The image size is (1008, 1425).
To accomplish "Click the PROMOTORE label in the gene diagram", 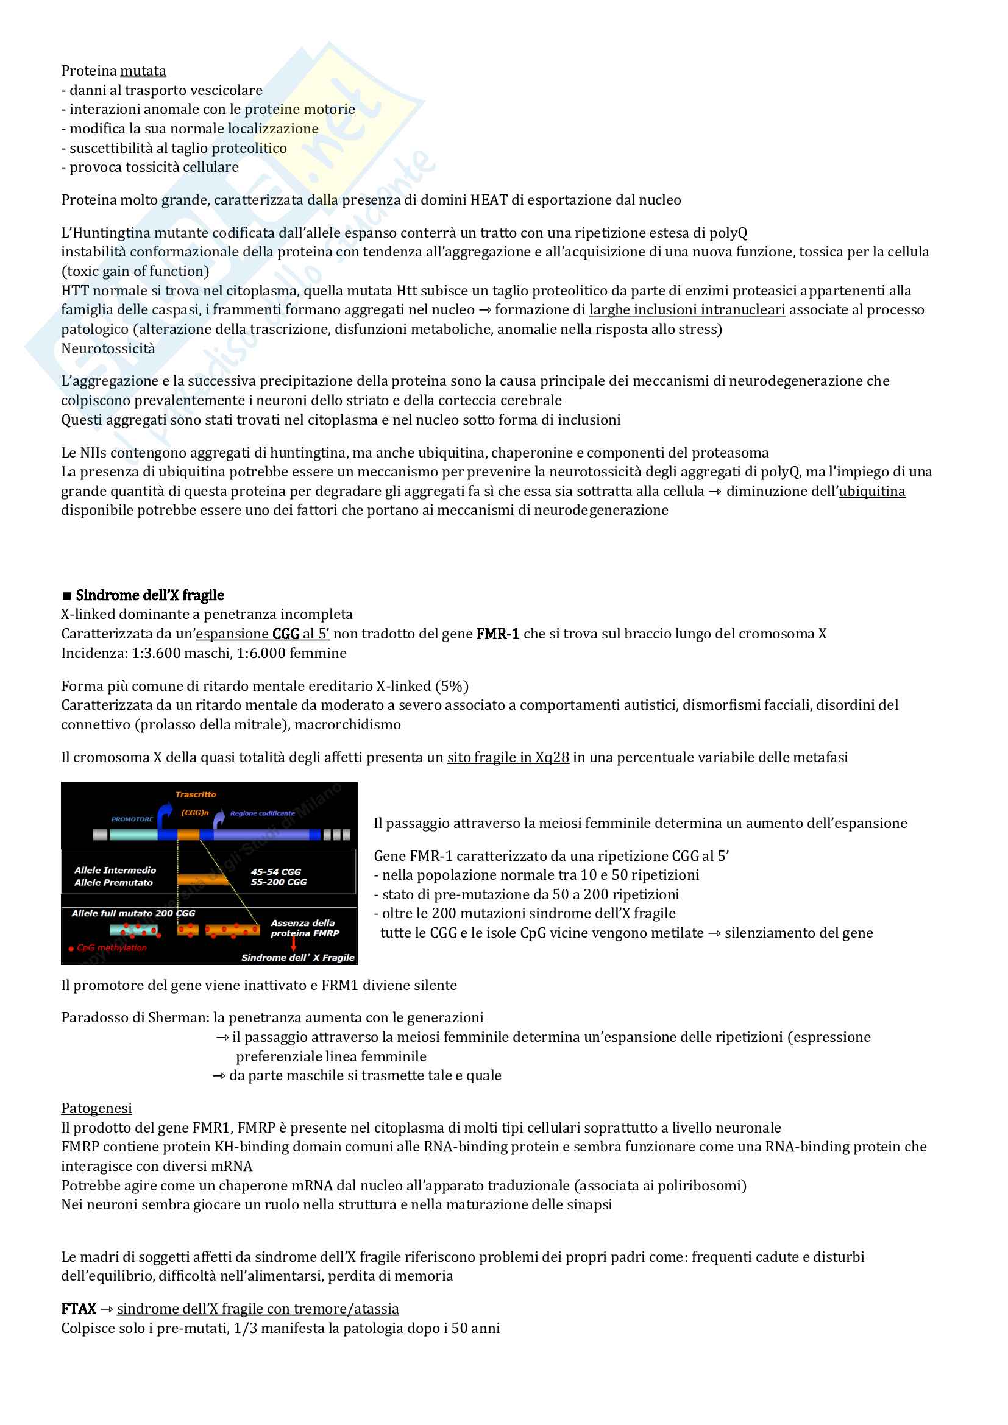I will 132,819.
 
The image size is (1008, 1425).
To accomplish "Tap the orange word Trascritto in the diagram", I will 196,794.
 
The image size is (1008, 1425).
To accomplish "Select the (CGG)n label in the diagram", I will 194,813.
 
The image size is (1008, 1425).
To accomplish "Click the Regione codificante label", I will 262,813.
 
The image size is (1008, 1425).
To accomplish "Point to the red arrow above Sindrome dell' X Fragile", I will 294,943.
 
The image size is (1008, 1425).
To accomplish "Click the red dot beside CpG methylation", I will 71,949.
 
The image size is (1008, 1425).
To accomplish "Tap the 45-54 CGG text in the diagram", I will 275,871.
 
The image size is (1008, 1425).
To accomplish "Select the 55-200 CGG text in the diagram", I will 279,882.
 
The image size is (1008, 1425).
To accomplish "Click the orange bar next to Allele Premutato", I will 202,880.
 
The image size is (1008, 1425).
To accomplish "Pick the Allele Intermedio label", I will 115,870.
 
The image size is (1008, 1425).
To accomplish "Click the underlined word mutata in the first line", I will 143,71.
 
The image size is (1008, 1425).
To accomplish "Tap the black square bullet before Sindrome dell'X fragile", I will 67,596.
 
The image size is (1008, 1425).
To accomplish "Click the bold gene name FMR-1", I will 497,634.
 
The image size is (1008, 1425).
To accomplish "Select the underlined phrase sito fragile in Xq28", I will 508,757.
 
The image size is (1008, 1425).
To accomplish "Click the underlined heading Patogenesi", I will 96,1108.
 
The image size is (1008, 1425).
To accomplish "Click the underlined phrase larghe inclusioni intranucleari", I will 686,309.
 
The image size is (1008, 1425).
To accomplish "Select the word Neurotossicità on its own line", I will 108,349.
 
